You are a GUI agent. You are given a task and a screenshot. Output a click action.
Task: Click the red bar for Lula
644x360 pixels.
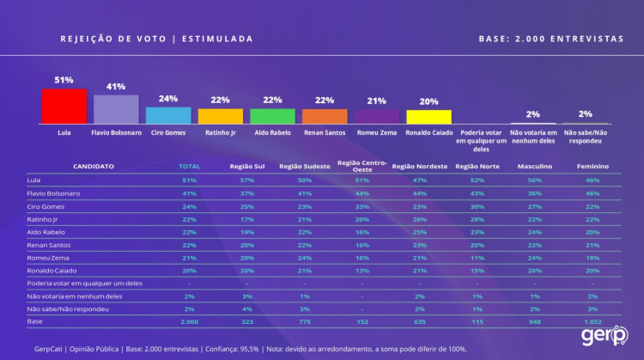tap(64, 107)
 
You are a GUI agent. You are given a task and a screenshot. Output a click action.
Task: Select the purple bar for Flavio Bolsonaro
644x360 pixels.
tap(116, 110)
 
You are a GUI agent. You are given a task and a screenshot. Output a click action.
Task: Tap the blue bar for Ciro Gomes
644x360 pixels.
tap(168, 116)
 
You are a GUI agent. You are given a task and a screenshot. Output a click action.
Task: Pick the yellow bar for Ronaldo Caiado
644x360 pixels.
tap(428, 117)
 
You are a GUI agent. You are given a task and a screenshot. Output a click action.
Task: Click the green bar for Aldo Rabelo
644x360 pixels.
tap(272, 117)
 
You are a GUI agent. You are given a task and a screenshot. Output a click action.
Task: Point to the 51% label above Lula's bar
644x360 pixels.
tap(64, 80)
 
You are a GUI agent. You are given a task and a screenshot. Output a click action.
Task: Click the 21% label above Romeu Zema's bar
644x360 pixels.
tap(376, 101)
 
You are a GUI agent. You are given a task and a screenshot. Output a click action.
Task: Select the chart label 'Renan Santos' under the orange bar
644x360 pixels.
tap(325, 133)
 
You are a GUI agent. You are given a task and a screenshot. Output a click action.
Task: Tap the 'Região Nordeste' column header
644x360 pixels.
tap(420, 166)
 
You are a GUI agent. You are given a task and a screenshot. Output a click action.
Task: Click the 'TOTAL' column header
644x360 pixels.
tap(189, 166)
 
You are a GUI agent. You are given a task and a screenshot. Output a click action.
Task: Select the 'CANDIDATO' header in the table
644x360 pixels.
tap(94, 166)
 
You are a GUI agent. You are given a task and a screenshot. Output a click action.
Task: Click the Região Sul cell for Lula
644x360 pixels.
tap(246, 180)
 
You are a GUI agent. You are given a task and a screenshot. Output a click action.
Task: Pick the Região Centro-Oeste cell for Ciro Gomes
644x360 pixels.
tap(361, 207)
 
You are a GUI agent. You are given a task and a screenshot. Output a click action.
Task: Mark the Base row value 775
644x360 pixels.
tap(304, 320)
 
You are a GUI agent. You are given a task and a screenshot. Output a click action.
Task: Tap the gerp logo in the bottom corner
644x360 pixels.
tap(602, 336)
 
